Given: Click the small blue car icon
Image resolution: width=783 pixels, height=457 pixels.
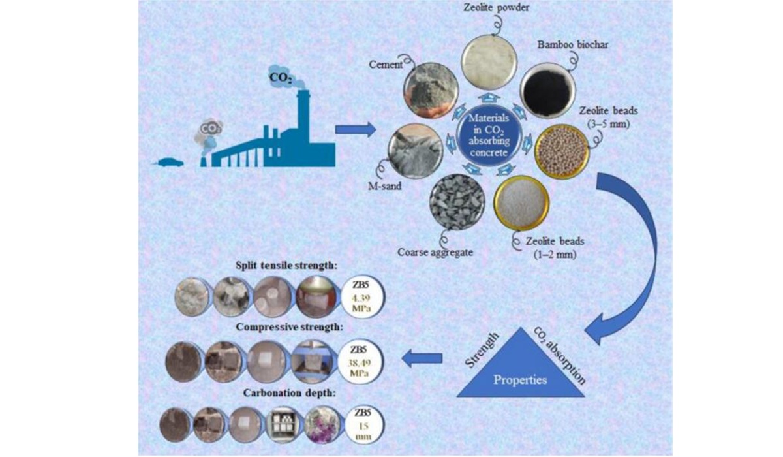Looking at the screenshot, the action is (x=170, y=163).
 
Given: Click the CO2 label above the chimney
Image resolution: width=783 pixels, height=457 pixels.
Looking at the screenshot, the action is (x=281, y=78).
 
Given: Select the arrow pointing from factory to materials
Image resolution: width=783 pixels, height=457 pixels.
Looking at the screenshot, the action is (x=356, y=130).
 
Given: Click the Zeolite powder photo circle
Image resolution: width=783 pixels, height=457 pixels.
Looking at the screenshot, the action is (x=489, y=62).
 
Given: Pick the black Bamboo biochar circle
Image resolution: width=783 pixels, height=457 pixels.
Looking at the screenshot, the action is (x=547, y=91).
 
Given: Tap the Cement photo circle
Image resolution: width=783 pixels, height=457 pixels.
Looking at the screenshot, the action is (x=431, y=90).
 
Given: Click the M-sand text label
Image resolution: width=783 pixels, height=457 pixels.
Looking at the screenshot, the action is (x=384, y=186).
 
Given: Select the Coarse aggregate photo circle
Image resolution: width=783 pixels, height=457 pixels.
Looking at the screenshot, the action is (x=457, y=202).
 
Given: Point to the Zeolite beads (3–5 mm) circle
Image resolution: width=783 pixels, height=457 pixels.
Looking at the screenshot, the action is (x=562, y=151).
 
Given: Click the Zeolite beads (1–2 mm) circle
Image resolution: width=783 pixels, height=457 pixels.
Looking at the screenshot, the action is (x=521, y=203).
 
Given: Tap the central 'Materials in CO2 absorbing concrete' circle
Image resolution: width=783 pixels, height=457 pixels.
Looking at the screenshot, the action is (x=489, y=135).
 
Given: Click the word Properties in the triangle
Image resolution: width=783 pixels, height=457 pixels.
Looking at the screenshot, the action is (x=520, y=380).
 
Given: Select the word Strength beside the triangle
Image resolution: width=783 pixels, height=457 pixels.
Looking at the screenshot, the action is (x=482, y=350).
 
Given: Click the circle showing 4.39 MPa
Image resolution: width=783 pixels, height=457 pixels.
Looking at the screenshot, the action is (x=362, y=296).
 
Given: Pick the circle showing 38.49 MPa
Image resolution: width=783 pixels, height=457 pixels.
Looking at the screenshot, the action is (x=360, y=362).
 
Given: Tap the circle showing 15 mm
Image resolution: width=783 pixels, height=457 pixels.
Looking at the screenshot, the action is (x=364, y=425).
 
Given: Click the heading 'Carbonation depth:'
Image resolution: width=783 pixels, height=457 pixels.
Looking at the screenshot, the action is (x=290, y=394).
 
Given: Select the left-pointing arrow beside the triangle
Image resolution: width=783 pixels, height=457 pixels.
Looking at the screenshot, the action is (x=422, y=358).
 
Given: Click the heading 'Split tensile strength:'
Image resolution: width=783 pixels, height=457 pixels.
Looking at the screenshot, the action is (x=286, y=266).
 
